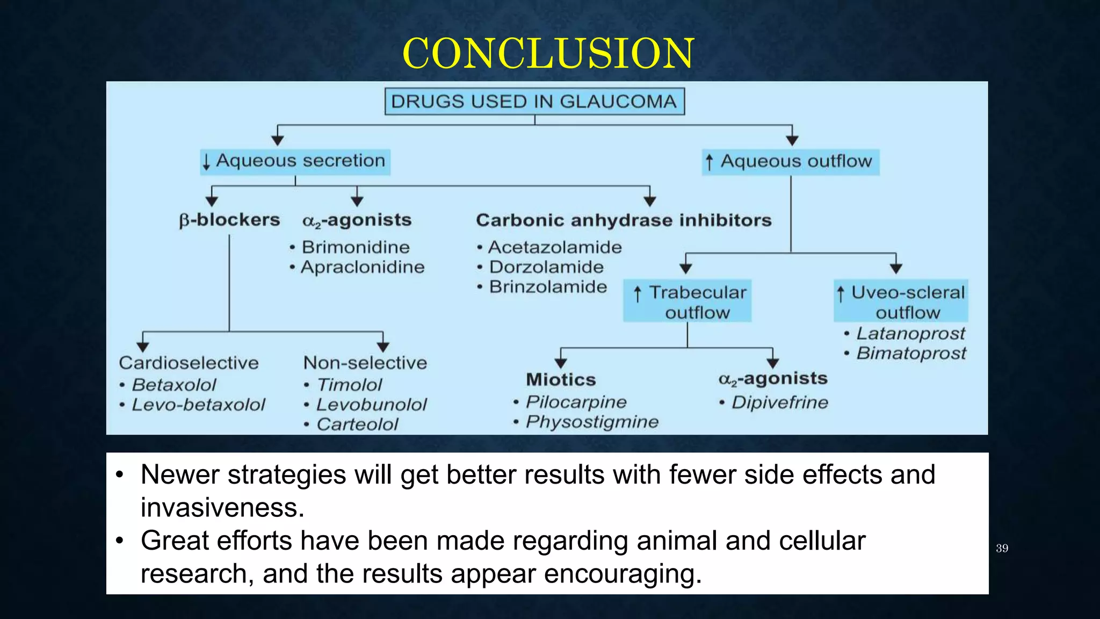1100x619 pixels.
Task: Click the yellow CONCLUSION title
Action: coord(548,53)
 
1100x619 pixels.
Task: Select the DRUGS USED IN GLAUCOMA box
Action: coord(534,102)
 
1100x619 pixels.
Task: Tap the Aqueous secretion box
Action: coord(295,161)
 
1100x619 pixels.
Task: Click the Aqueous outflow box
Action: coord(791,162)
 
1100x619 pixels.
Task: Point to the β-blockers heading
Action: coord(229,220)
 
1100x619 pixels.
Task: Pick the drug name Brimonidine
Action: coord(356,247)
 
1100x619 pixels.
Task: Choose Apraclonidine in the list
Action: coord(363,267)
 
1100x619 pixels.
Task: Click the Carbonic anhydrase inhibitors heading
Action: coord(624,220)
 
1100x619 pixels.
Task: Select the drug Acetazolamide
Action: coord(555,247)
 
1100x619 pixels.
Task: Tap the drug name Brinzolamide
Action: coord(548,287)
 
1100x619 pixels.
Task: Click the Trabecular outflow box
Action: coord(687,301)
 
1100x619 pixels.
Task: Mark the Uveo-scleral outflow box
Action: coord(901,301)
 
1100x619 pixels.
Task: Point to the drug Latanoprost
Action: coord(910,334)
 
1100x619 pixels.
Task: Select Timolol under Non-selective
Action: coord(350,385)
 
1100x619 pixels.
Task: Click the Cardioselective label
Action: coord(189,363)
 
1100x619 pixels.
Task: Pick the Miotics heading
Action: coord(561,380)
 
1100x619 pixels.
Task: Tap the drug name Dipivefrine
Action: coord(780,402)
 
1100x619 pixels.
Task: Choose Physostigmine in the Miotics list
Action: coord(592,422)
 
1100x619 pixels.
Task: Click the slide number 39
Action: coord(1002,548)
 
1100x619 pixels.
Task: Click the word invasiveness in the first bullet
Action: coord(222,508)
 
